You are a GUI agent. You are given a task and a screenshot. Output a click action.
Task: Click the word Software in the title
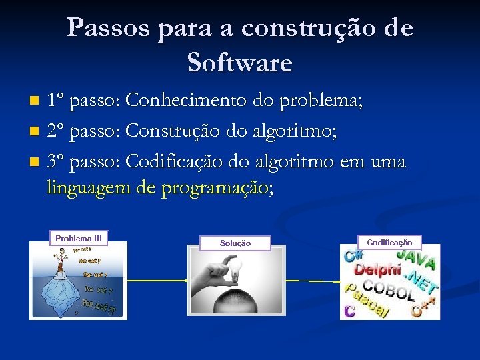coord(240,63)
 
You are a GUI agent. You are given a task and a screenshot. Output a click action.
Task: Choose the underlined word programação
coord(214,189)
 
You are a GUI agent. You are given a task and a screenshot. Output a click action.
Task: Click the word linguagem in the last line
coord(89,189)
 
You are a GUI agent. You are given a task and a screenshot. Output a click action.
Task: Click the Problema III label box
coord(79,238)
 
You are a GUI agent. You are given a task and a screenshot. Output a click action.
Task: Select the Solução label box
coord(235,243)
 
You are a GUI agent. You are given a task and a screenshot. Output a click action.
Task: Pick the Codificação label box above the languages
coord(389,243)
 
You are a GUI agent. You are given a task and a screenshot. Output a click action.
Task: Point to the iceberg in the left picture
coord(60,293)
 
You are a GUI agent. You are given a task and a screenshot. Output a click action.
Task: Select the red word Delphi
coord(377,270)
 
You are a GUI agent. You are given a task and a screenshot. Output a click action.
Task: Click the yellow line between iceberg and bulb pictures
coord(157,281)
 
